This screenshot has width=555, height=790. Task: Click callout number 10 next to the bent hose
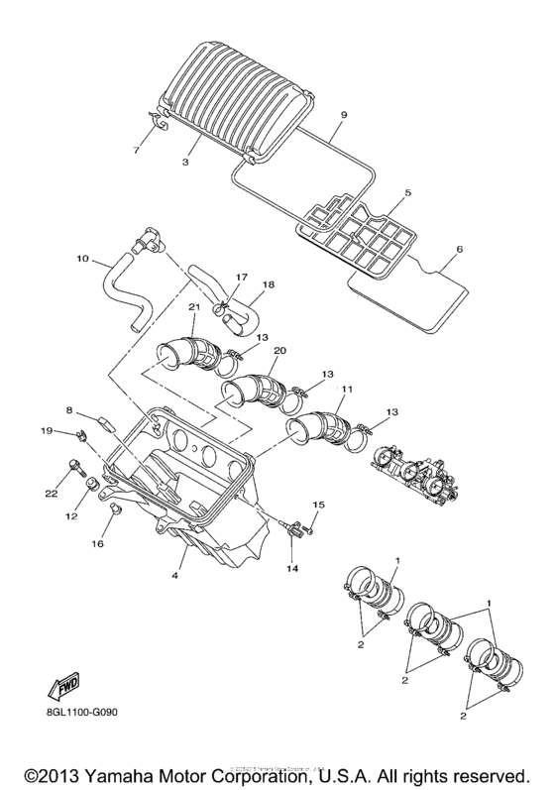click(x=82, y=262)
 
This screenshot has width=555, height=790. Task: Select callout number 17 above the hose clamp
click(x=240, y=279)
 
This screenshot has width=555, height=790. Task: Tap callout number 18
click(x=268, y=284)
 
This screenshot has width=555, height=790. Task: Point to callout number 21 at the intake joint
click(x=193, y=307)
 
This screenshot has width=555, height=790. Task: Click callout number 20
click(x=279, y=351)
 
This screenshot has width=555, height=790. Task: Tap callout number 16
click(x=97, y=544)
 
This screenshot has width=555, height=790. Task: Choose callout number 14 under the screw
click(x=291, y=569)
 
